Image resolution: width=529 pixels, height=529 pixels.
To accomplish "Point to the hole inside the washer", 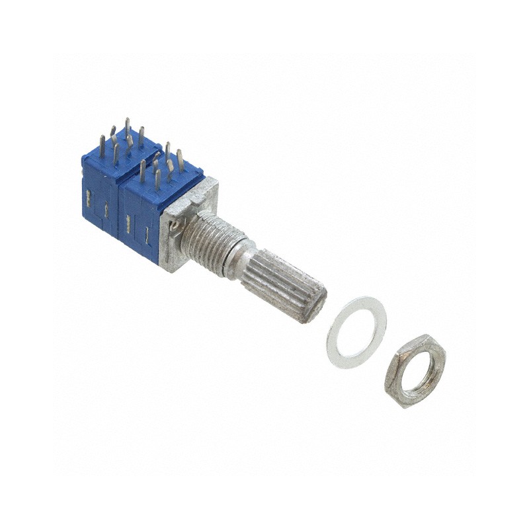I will tap(357, 331).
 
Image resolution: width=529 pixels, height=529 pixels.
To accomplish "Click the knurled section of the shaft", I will tap(281, 284).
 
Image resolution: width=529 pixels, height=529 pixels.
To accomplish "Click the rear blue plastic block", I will tap(99, 192).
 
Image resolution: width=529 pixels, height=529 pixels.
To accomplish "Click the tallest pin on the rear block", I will tap(127, 129).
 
